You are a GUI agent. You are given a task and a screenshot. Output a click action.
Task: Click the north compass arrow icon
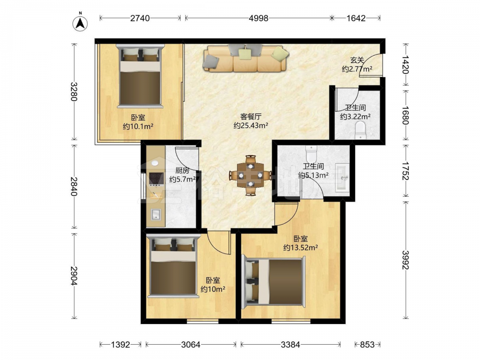click(x=80, y=23)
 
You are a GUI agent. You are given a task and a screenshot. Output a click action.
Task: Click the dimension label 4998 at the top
click(x=258, y=18)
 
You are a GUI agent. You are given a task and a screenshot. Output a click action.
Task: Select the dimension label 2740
click(x=140, y=18)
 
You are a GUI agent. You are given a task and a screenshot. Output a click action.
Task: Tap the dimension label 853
click(x=367, y=345)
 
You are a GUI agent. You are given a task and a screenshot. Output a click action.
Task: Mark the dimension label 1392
click(x=120, y=345)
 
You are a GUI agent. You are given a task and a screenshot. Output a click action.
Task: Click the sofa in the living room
click(x=245, y=58)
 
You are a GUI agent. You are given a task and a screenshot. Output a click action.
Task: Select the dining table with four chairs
click(x=251, y=175)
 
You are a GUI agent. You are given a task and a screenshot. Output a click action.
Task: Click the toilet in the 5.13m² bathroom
click(x=312, y=154)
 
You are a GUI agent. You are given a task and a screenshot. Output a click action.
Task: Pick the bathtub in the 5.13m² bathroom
click(x=342, y=178)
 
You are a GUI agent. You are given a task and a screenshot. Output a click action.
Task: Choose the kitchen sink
click(x=156, y=214)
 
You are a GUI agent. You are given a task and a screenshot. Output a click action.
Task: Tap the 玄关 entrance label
click(x=357, y=60)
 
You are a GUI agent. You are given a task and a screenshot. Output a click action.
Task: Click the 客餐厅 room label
click(x=251, y=117)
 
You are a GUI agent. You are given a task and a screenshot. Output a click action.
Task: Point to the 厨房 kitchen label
click(x=182, y=170)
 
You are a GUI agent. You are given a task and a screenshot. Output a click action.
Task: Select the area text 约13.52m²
click(x=300, y=247)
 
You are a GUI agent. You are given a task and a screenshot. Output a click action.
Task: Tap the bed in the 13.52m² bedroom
click(x=274, y=282)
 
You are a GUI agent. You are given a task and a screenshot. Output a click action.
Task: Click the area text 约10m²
click(x=213, y=288)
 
